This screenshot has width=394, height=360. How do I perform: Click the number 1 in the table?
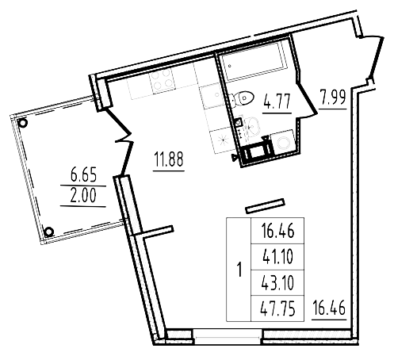click(x=239, y=270)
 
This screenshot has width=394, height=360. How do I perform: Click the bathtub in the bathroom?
click(x=254, y=67)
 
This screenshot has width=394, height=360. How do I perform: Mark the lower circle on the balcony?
click(x=48, y=232)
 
